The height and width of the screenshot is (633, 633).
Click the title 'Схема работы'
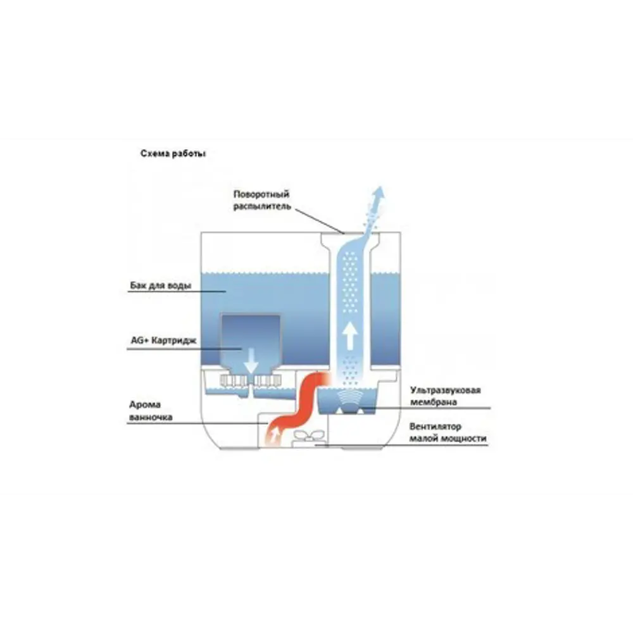click(173, 154)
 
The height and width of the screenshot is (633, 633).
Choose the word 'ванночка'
click(151, 418)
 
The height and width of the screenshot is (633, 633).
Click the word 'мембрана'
click(434, 402)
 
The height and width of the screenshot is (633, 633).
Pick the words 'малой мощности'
click(448, 438)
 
